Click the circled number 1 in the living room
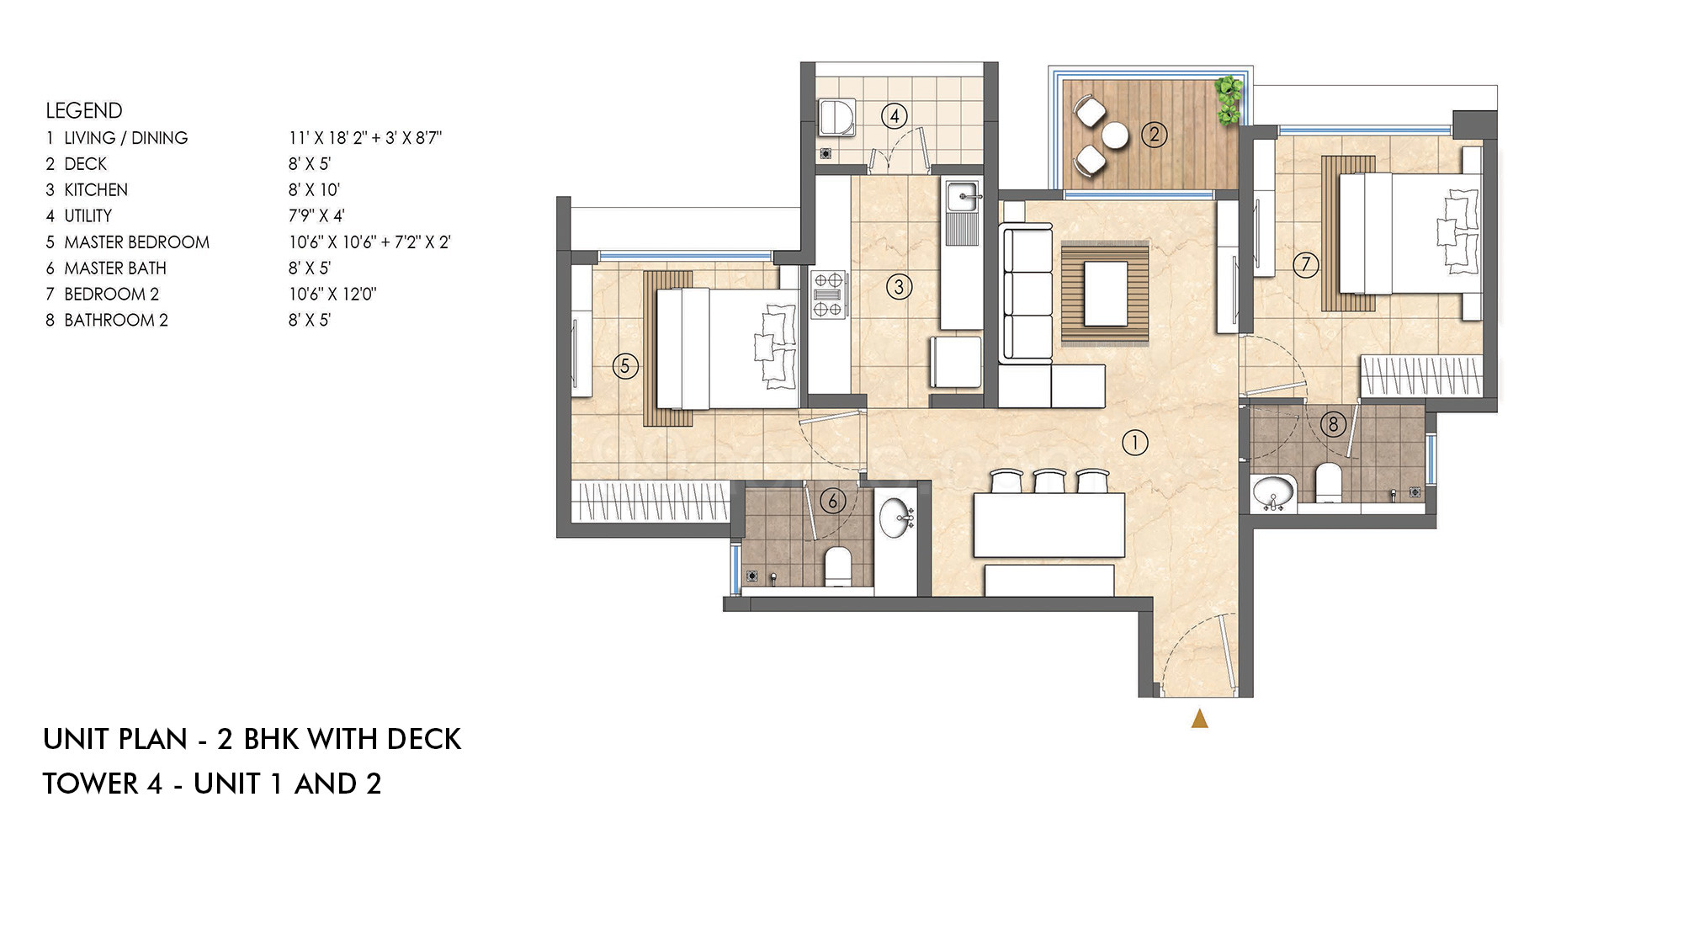(1135, 443)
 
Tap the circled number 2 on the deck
(1155, 134)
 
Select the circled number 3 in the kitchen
(899, 287)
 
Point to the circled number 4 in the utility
(894, 116)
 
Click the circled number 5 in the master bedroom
(625, 366)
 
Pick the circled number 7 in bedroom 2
(1305, 265)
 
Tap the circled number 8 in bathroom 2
(1333, 424)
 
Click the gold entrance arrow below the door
(1200, 719)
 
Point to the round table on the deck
(1115, 135)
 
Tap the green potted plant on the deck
(1229, 100)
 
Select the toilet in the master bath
(838, 566)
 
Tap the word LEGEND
(84, 110)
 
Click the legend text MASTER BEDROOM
(137, 242)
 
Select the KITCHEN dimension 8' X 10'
(314, 190)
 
